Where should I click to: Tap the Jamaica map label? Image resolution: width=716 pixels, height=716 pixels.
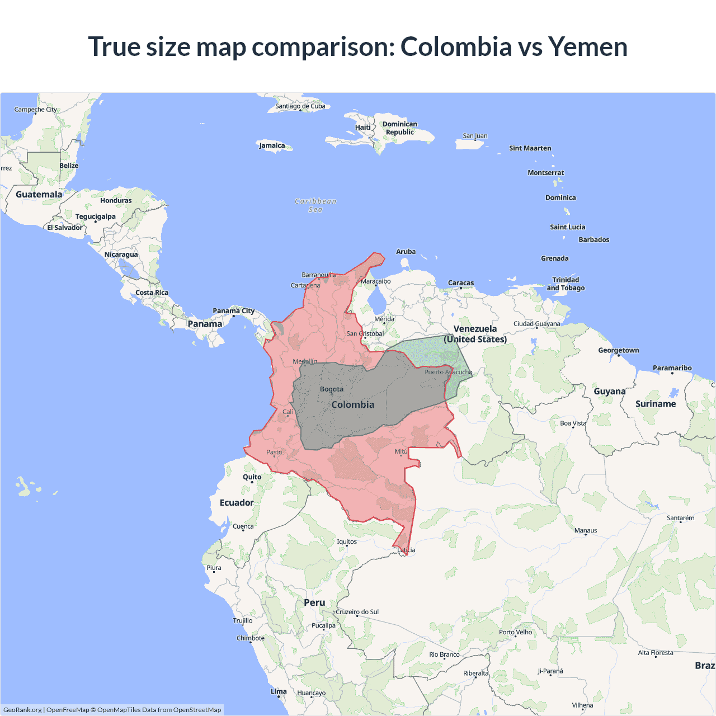(x=272, y=145)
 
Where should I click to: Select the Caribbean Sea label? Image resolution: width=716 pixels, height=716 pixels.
(x=315, y=205)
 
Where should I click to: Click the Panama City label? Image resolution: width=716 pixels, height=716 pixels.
(x=233, y=311)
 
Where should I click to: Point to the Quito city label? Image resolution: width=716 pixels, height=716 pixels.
(x=252, y=477)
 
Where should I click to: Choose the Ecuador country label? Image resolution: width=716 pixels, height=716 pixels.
(x=237, y=503)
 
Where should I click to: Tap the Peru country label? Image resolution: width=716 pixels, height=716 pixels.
(x=314, y=602)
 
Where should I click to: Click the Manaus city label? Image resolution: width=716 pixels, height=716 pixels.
(x=586, y=530)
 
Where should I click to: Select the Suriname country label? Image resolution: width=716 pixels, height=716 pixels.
(x=656, y=404)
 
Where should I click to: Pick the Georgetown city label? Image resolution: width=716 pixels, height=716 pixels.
(x=618, y=351)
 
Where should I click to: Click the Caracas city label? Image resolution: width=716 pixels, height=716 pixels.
(x=461, y=283)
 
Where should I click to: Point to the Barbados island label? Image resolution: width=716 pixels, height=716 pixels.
(x=593, y=239)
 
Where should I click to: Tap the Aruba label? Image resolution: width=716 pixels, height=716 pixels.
(x=406, y=252)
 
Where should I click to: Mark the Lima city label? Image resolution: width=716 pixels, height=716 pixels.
(x=279, y=691)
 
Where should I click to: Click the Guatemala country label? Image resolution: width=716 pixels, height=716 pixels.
(x=39, y=195)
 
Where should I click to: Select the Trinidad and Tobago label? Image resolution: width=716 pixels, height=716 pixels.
(x=566, y=284)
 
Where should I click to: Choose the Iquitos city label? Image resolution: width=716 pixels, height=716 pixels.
(x=347, y=541)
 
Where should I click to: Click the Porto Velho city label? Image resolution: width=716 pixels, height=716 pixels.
(x=515, y=632)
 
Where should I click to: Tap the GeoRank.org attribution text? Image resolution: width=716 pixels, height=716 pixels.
(x=22, y=710)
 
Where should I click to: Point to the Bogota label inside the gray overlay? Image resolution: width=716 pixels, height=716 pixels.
(x=332, y=389)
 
